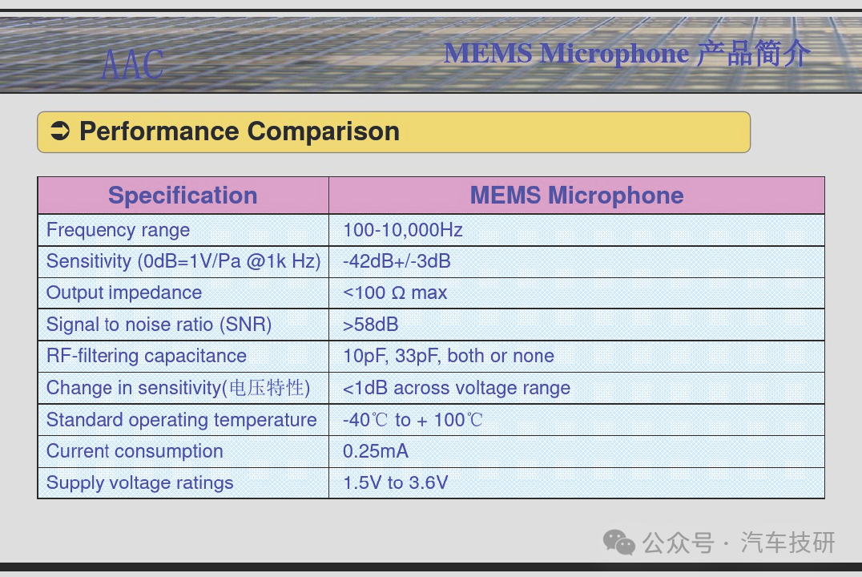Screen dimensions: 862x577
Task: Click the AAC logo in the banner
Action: pyautogui.click(x=132, y=64)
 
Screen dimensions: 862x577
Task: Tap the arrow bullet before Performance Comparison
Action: pyautogui.click(x=60, y=131)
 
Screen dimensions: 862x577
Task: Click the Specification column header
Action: pyautogui.click(x=183, y=196)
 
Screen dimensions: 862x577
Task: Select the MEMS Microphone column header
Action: pyautogui.click(x=577, y=196)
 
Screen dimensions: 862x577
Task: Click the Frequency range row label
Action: pyautogui.click(x=119, y=230)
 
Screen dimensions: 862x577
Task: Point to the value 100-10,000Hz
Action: pyautogui.click(x=402, y=230)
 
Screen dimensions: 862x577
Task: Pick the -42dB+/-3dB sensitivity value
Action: pyautogui.click(x=397, y=261)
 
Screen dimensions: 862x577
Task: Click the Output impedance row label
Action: pyautogui.click(x=124, y=293)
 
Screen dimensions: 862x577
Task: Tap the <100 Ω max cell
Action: pyautogui.click(x=395, y=293)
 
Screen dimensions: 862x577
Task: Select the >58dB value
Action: pyautogui.click(x=371, y=325)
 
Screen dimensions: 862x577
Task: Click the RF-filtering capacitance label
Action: pyautogui.click(x=147, y=356)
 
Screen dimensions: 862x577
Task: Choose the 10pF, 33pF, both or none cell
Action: pyautogui.click(x=448, y=356)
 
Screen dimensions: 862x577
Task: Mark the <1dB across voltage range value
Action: pyautogui.click(x=457, y=388)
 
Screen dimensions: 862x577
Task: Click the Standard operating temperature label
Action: pyautogui.click(x=181, y=420)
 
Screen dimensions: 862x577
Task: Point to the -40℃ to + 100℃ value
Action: pyautogui.click(x=413, y=420)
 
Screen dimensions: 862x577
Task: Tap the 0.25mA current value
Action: pyautogui.click(x=376, y=451)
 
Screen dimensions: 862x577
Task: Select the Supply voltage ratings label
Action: pyautogui.click(x=140, y=483)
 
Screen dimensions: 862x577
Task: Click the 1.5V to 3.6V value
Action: pyautogui.click(x=395, y=482)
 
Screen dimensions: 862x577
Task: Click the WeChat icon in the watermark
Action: pyautogui.click(x=619, y=543)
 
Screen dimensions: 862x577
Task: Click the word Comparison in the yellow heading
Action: pyautogui.click(x=324, y=131)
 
